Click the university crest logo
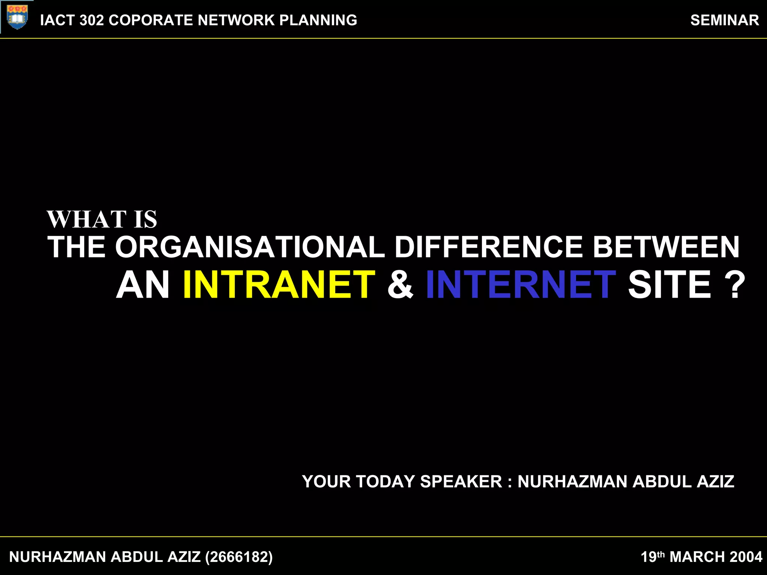[x=17, y=17]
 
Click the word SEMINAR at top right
[x=724, y=20]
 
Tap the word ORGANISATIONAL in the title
[x=250, y=247]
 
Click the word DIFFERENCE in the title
[x=488, y=247]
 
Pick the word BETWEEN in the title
[x=666, y=247]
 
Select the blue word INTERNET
[x=521, y=285]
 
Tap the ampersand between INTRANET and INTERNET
[x=400, y=285]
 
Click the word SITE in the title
[x=669, y=285]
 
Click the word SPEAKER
[x=461, y=482]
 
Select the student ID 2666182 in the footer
[x=239, y=557]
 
